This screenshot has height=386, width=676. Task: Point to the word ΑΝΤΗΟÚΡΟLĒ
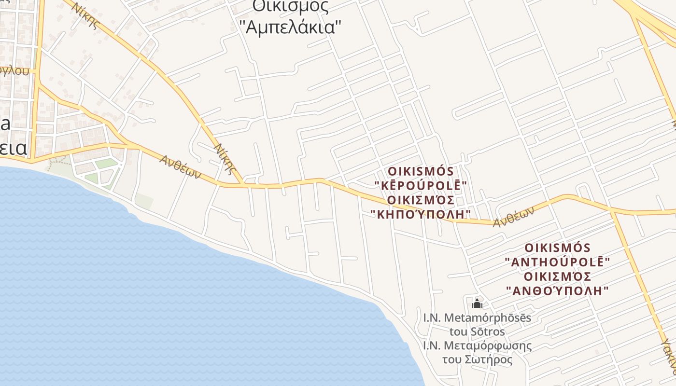point(558,262)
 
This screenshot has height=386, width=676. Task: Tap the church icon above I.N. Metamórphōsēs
point(477,303)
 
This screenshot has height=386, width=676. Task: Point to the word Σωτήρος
point(488,360)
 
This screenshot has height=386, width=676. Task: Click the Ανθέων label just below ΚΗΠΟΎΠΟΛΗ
point(514,217)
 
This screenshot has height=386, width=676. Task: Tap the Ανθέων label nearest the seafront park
point(180,166)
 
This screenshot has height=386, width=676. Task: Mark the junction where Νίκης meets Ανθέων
point(243,184)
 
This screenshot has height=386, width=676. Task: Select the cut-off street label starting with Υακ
point(668,357)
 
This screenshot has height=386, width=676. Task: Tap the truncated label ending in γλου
point(14,71)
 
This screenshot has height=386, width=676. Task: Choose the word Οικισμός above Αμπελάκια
point(291,6)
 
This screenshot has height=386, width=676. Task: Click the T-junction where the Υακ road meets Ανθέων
point(612,211)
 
